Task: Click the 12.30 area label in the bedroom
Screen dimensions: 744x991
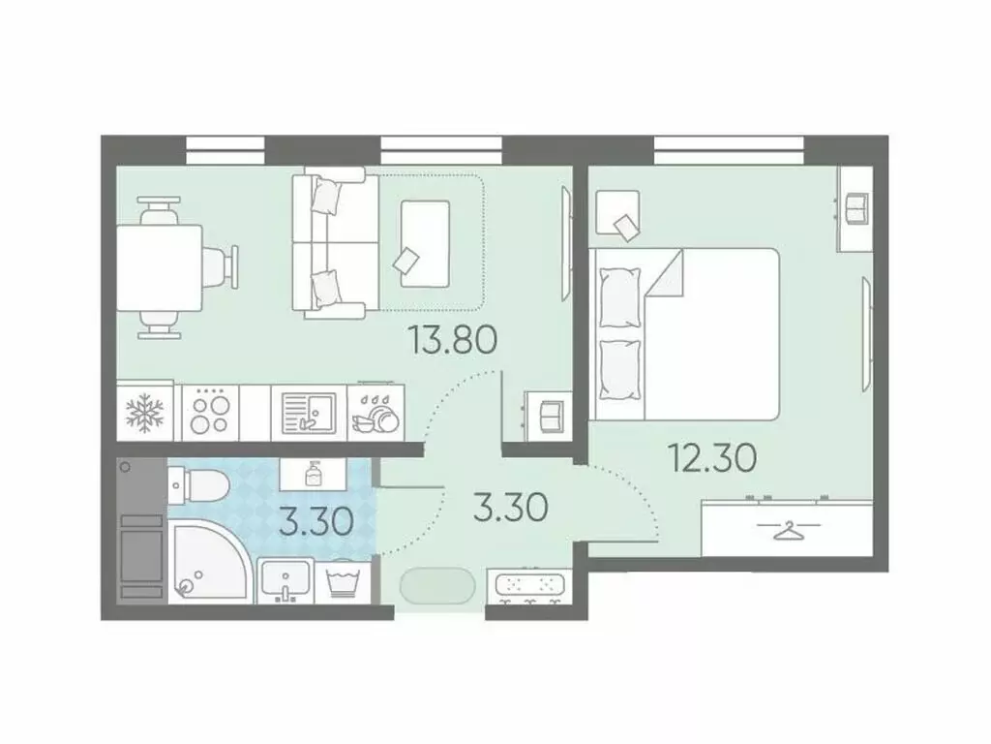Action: pos(711,457)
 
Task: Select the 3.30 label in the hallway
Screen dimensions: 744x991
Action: pos(512,506)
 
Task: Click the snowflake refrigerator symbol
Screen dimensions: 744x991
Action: pos(145,413)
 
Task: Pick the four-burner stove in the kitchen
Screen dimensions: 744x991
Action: pos(208,413)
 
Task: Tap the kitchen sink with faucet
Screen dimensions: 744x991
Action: pos(308,413)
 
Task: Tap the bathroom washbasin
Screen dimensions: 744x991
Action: pos(285,581)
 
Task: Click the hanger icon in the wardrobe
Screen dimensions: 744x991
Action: pos(789,530)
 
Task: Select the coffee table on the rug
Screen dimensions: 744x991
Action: pos(425,242)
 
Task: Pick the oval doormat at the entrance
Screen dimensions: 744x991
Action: pos(437,586)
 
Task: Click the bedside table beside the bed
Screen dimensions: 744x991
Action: pos(617,214)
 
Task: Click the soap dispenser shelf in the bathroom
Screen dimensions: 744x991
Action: pos(312,474)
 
